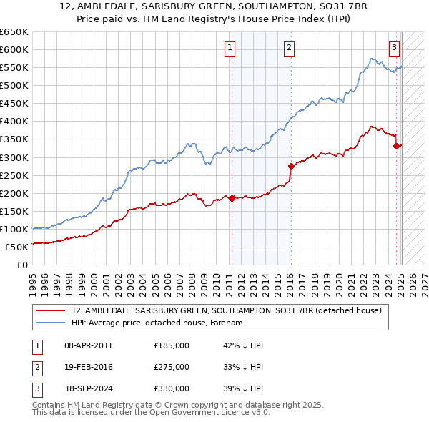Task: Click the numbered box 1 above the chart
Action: click(x=230, y=48)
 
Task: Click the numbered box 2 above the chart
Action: click(x=289, y=48)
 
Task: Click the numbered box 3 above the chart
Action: click(x=394, y=48)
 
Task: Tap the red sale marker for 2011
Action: click(x=232, y=198)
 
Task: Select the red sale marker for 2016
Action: click(x=291, y=166)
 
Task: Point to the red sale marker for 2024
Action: click(x=396, y=146)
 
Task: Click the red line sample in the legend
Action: click(x=51, y=310)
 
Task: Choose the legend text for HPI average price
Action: click(x=157, y=323)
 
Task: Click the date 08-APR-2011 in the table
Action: click(x=88, y=345)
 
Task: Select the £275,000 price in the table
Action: click(x=172, y=367)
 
